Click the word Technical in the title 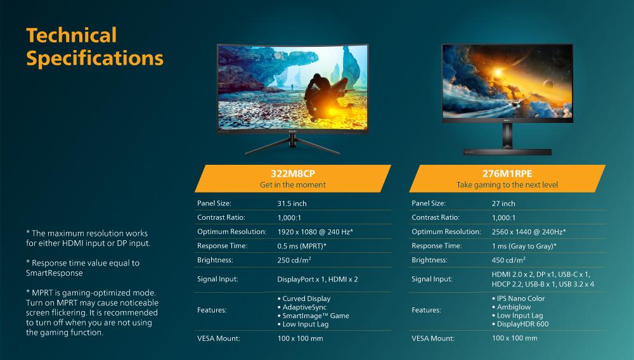coord(72,35)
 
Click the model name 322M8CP coord(293,174)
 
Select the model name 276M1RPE coord(507,174)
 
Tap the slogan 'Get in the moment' coord(293,185)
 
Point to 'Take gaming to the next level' coord(507,185)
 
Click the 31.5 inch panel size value coord(292,203)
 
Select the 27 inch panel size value coord(503,203)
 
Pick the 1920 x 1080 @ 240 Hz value coord(315,232)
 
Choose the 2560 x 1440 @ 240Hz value coord(529,232)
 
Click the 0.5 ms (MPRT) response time coord(302,246)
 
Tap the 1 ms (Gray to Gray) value coord(524,246)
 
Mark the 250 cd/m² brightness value coord(294,260)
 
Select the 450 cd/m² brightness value coord(508,260)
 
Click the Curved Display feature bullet coord(304,299)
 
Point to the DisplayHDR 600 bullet coord(521,324)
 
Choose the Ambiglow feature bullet coord(512,307)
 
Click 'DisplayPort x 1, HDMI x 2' coord(318,280)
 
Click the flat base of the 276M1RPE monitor coord(507,152)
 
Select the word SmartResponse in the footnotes coord(54,273)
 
